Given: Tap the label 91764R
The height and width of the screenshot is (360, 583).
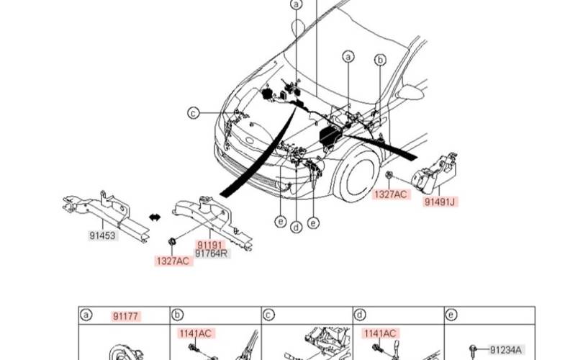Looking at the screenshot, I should (x=212, y=253).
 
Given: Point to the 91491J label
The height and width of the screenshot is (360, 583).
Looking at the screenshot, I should (x=439, y=202).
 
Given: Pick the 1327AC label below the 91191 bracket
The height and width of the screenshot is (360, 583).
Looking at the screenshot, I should (x=173, y=261).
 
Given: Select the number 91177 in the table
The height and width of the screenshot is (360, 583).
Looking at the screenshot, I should (x=127, y=316).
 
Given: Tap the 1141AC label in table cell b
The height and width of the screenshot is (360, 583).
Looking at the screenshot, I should (x=196, y=333).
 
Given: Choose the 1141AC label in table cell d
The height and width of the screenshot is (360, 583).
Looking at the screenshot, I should (x=379, y=333).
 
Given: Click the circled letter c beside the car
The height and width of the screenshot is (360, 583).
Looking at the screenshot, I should (x=193, y=112).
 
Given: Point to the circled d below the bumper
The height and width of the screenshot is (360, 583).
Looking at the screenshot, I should (x=296, y=228).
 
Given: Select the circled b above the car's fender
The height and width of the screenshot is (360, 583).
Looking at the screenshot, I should (x=381, y=60).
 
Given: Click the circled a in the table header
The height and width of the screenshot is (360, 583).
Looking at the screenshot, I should (x=86, y=315).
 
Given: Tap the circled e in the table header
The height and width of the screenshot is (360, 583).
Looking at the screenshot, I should (x=451, y=315).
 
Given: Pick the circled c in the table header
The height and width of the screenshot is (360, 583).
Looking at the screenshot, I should (x=269, y=315).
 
